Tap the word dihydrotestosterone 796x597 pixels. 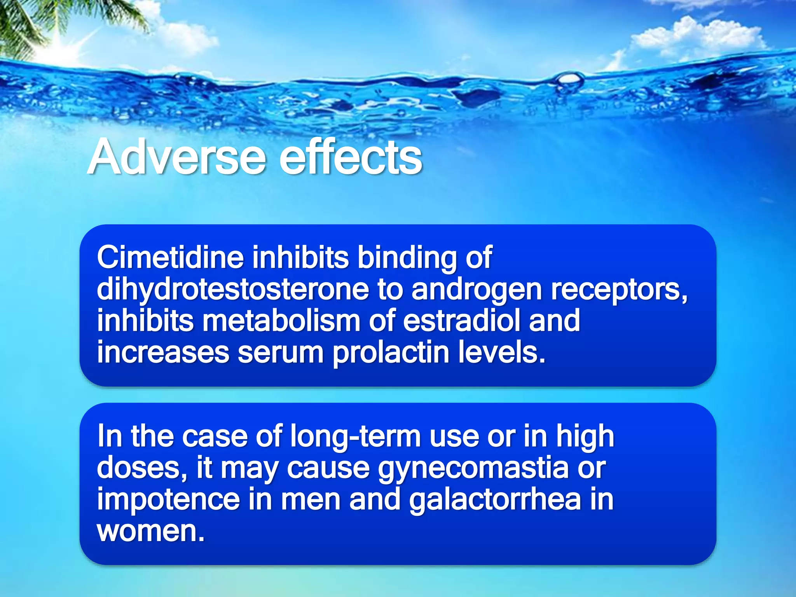232,290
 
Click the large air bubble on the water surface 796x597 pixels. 570,81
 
